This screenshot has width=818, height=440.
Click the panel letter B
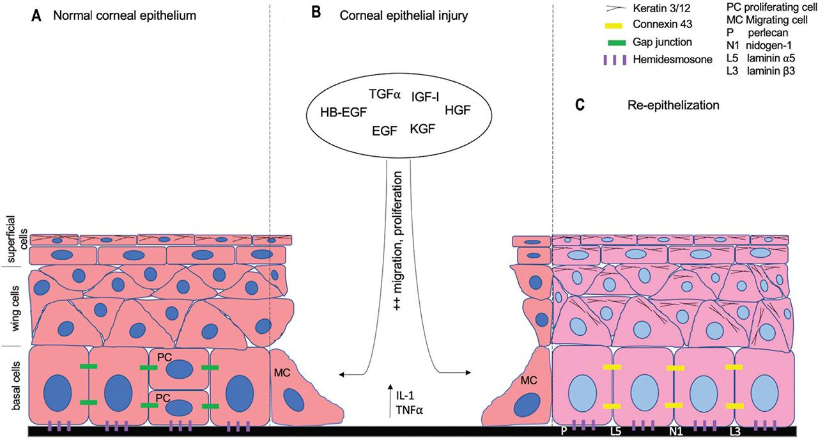[x=314, y=13]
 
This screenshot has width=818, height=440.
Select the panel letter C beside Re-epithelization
[x=580, y=105]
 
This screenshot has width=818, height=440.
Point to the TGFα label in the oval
[x=384, y=95]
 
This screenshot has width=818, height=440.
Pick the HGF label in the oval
[x=457, y=109]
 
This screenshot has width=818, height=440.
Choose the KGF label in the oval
[x=424, y=129]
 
